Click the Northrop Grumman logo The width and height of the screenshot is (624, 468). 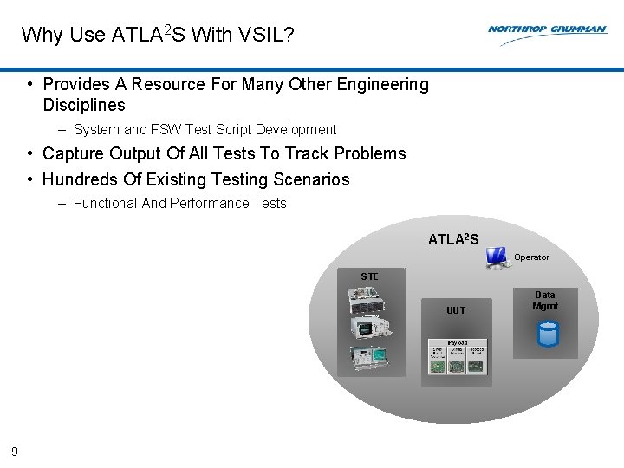click(547, 29)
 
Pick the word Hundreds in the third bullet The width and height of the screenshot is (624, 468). click(80, 180)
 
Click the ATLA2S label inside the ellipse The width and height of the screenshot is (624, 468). click(452, 239)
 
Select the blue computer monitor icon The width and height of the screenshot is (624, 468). click(497, 257)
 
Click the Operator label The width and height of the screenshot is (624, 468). click(531, 257)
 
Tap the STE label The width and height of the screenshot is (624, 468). click(369, 276)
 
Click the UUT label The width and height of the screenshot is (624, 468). click(456, 310)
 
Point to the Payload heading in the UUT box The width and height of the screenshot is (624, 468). click(457, 343)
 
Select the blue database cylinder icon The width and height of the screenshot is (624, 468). click(547, 334)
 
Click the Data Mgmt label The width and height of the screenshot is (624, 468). click(545, 301)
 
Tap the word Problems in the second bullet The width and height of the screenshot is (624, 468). click(370, 154)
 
